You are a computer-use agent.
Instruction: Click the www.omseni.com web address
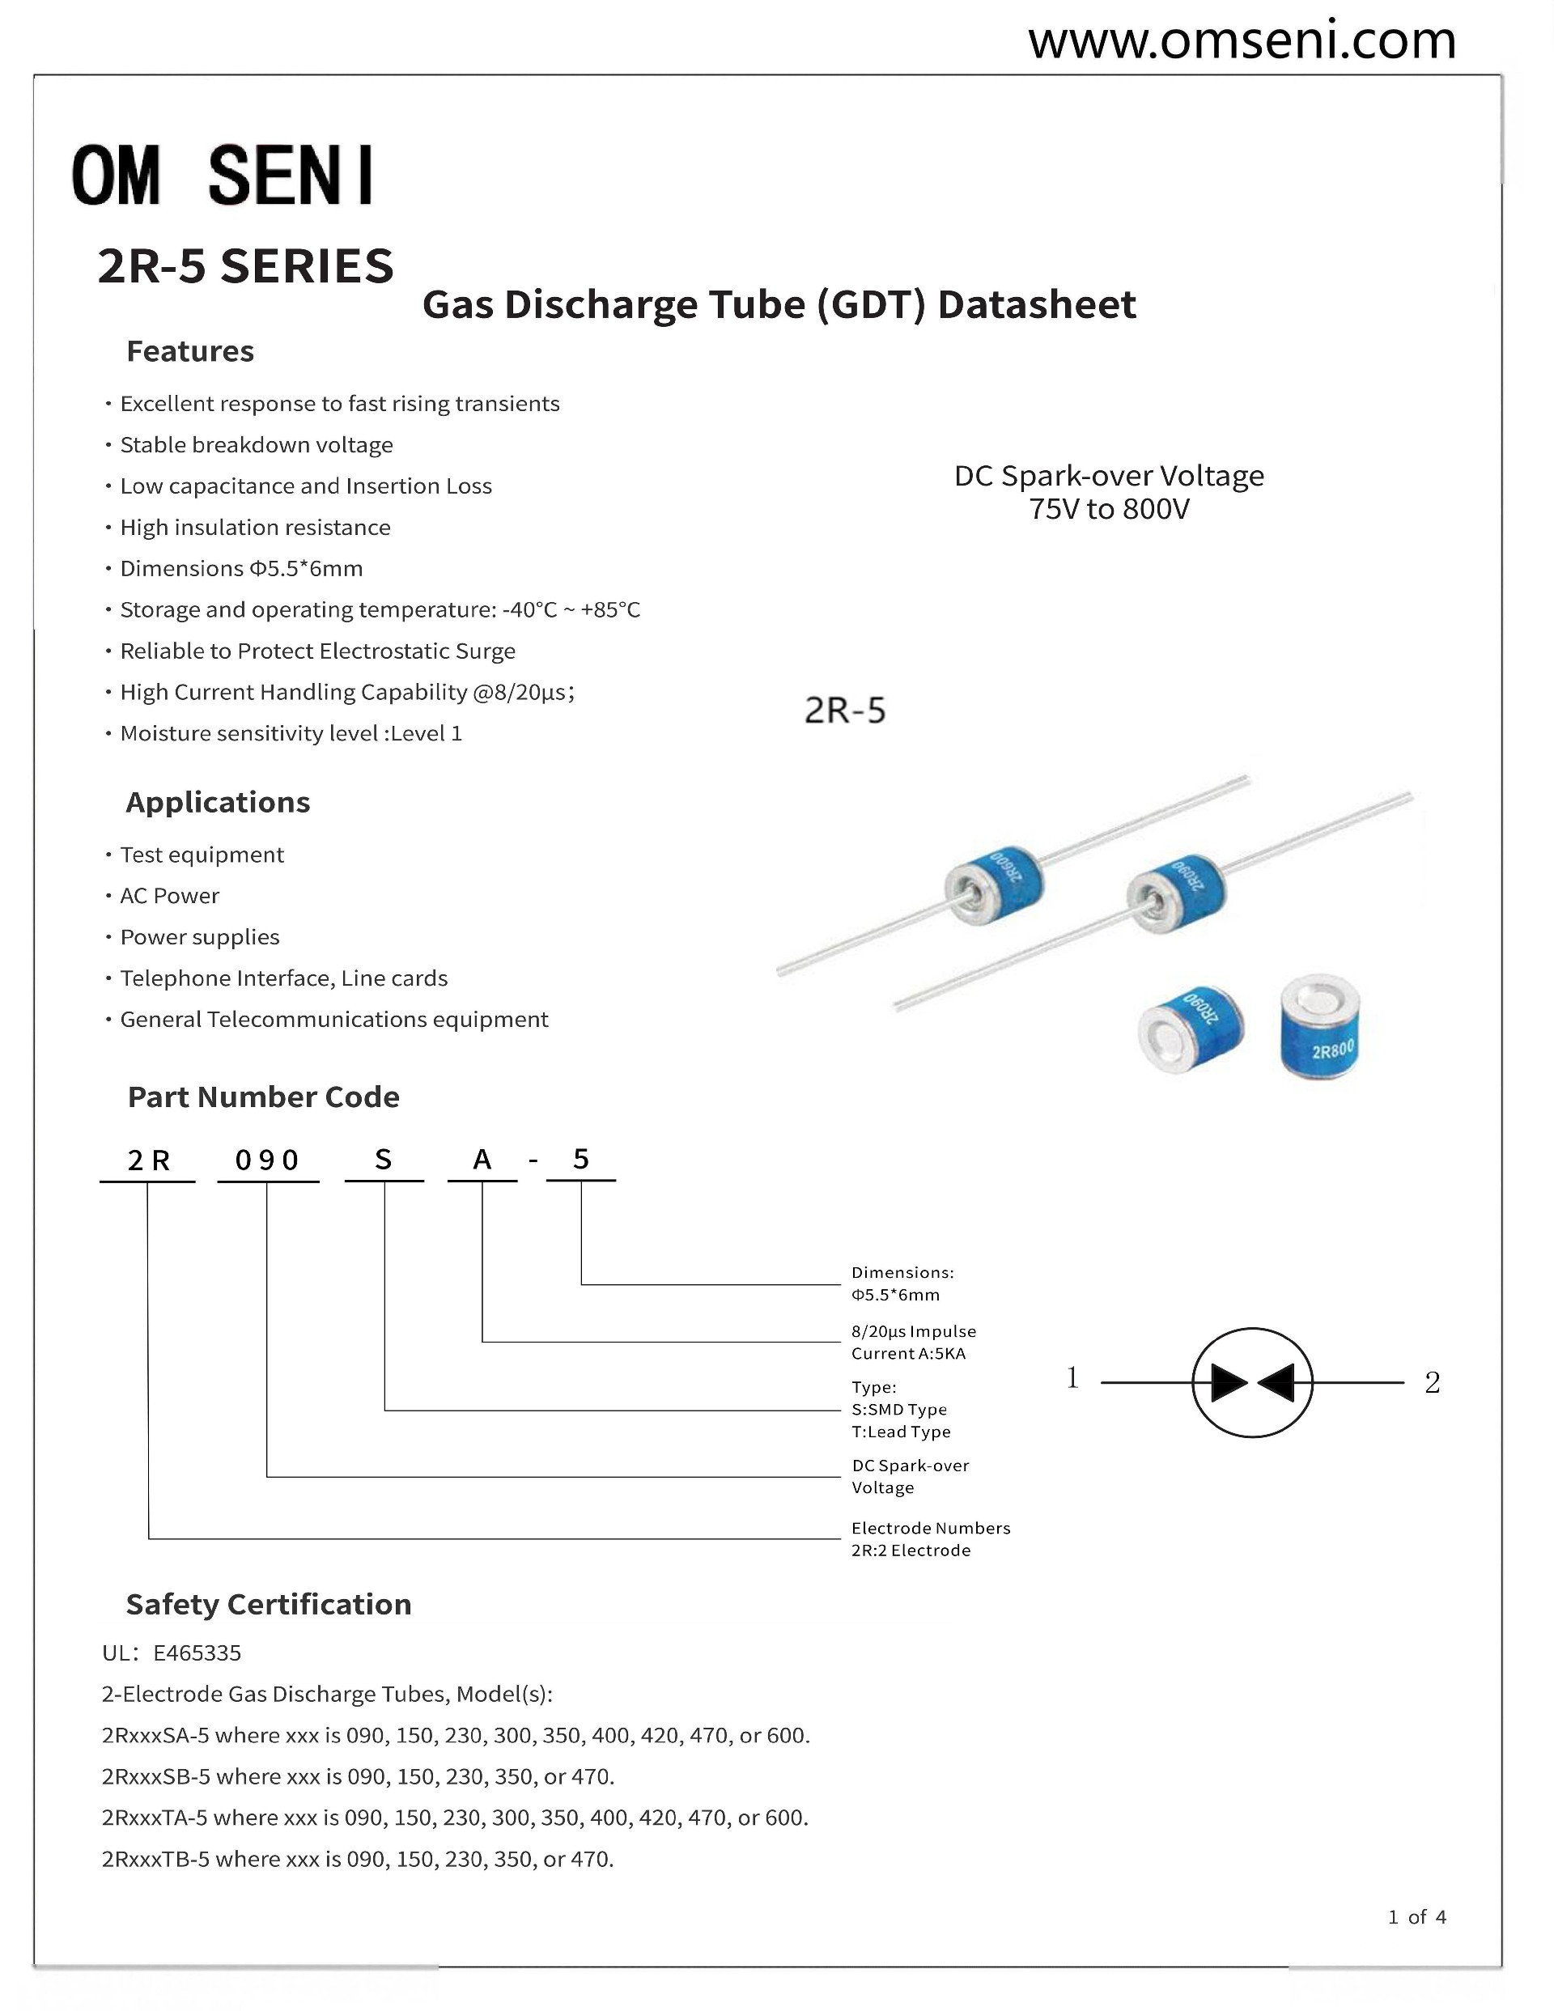point(1241,40)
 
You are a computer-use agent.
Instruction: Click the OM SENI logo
point(223,174)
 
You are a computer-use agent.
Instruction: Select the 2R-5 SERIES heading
point(245,266)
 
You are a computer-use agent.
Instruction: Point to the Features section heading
point(189,351)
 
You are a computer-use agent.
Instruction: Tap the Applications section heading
point(218,802)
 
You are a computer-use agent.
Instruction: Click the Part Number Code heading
point(264,1097)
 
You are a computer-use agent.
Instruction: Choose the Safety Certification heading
point(268,1604)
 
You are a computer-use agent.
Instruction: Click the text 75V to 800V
point(1109,509)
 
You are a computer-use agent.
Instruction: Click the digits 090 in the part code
point(267,1160)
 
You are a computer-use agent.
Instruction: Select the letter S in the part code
point(383,1160)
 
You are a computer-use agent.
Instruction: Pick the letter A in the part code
point(482,1160)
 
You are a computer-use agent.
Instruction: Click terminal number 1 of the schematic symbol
point(1072,1378)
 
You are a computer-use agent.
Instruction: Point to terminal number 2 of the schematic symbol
point(1432,1383)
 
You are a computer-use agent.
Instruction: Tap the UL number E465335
point(197,1652)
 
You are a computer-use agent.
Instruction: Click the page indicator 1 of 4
point(1416,1917)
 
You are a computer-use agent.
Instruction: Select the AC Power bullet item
point(169,896)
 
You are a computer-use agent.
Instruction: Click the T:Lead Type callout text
point(900,1432)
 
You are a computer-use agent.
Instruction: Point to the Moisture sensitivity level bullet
point(291,734)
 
